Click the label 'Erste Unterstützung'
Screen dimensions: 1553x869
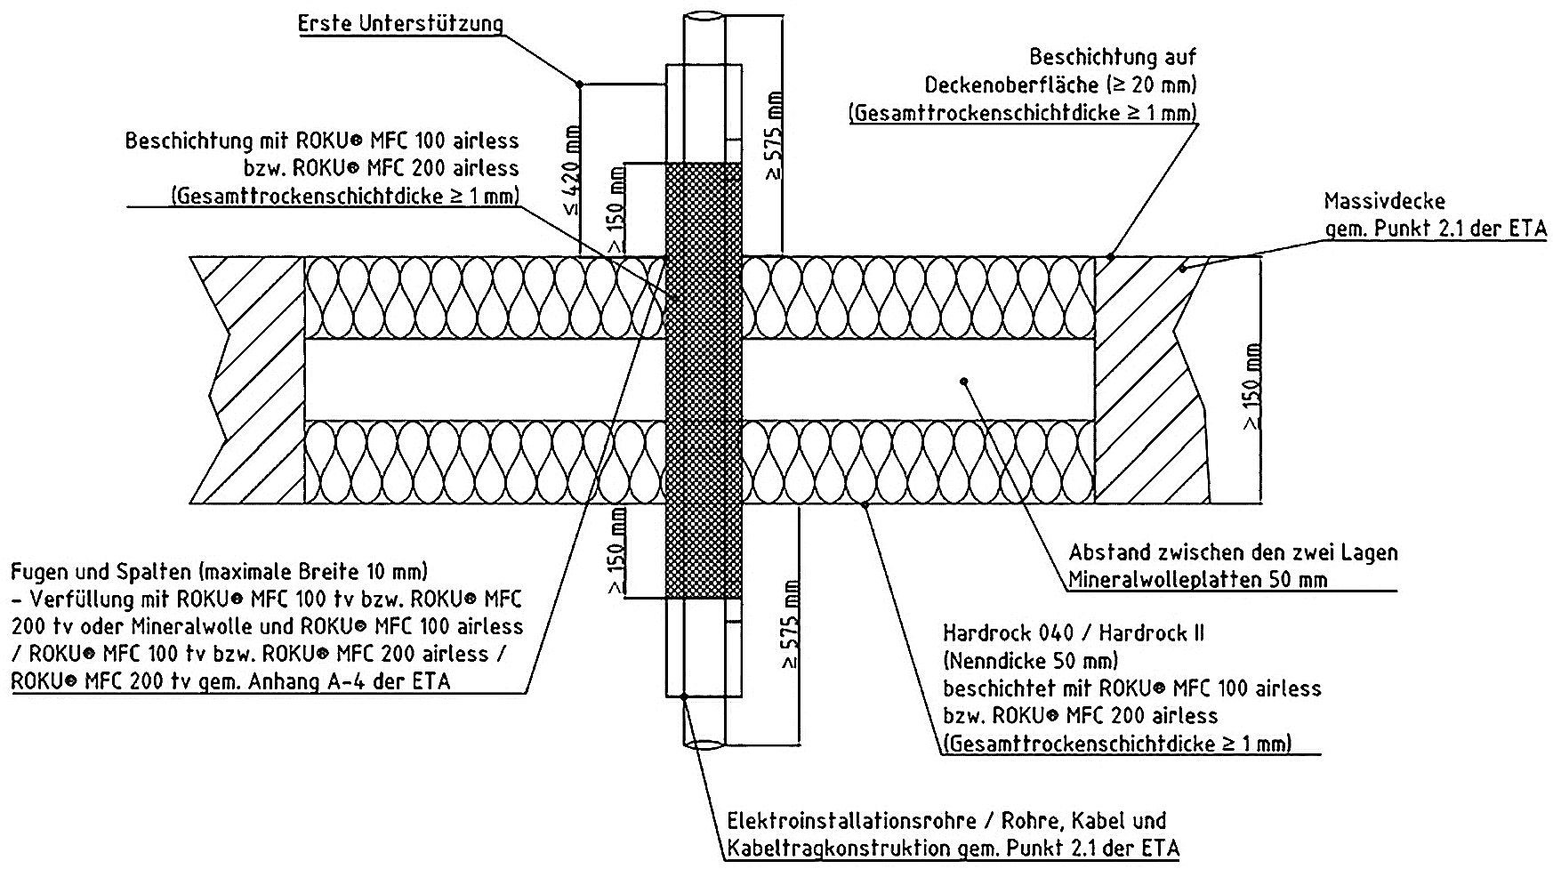tap(400, 24)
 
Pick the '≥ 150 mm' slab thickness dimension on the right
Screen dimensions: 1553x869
tap(1251, 387)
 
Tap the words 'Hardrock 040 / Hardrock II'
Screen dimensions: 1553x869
tap(1074, 633)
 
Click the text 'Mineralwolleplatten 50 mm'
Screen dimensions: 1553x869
tap(1198, 580)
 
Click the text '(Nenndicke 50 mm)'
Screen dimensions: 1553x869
tap(1030, 661)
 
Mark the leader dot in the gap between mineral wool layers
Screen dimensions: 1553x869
tap(964, 381)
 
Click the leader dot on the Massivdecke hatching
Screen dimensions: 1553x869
tap(1183, 268)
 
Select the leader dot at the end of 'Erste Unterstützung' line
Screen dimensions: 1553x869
tap(579, 84)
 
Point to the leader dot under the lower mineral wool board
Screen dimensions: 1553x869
tap(866, 504)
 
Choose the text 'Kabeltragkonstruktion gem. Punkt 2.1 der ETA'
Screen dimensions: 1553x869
tap(954, 848)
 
